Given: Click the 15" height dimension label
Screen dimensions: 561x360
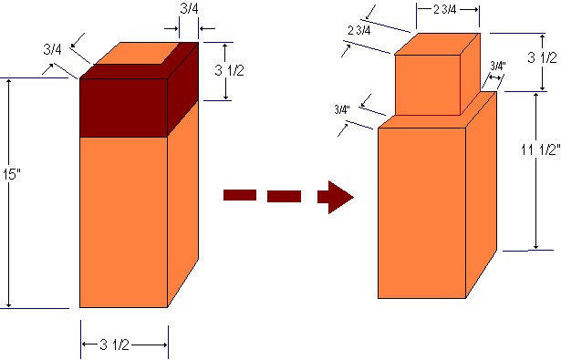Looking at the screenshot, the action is coord(12,175).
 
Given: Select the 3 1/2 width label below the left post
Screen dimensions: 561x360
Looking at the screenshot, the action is coord(115,345).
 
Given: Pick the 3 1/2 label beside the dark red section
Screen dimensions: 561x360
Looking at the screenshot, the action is coord(229,70).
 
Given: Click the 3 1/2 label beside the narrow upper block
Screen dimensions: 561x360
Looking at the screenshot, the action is coord(543,57).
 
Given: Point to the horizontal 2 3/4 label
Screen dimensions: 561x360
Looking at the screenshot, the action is coord(445,10).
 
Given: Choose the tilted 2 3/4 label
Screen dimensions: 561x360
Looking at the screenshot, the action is coord(359,31).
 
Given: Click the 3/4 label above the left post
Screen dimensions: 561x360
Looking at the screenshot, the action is coord(189,9).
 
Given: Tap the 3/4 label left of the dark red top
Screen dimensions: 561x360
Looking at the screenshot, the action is coord(52,49).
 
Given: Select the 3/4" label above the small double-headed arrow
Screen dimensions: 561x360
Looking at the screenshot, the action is coord(498,66).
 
